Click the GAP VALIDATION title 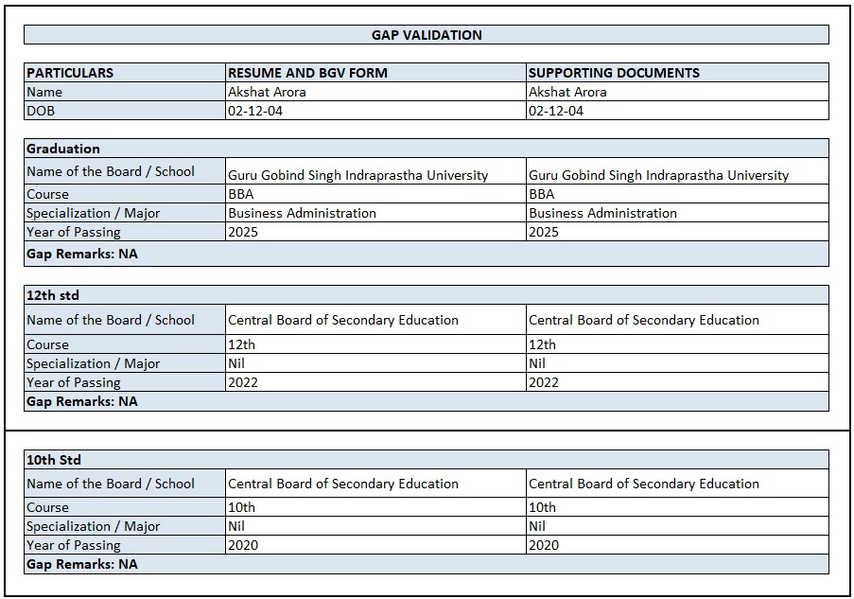coord(427,35)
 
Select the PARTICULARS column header coord(70,73)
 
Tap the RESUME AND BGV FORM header coord(307,73)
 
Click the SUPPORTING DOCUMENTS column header coord(614,73)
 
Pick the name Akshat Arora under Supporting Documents coord(567,92)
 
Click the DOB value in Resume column coord(254,111)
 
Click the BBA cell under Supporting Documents coord(542,194)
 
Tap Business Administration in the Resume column coord(302,213)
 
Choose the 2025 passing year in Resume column coord(242,232)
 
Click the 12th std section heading coord(53,295)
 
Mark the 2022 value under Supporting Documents coord(544,382)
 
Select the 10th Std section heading coord(54,460)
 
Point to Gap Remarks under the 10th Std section coord(82,564)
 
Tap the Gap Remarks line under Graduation coord(82,254)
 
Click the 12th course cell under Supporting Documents coord(542,344)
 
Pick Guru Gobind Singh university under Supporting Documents coord(658,175)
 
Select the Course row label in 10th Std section coord(47,507)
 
